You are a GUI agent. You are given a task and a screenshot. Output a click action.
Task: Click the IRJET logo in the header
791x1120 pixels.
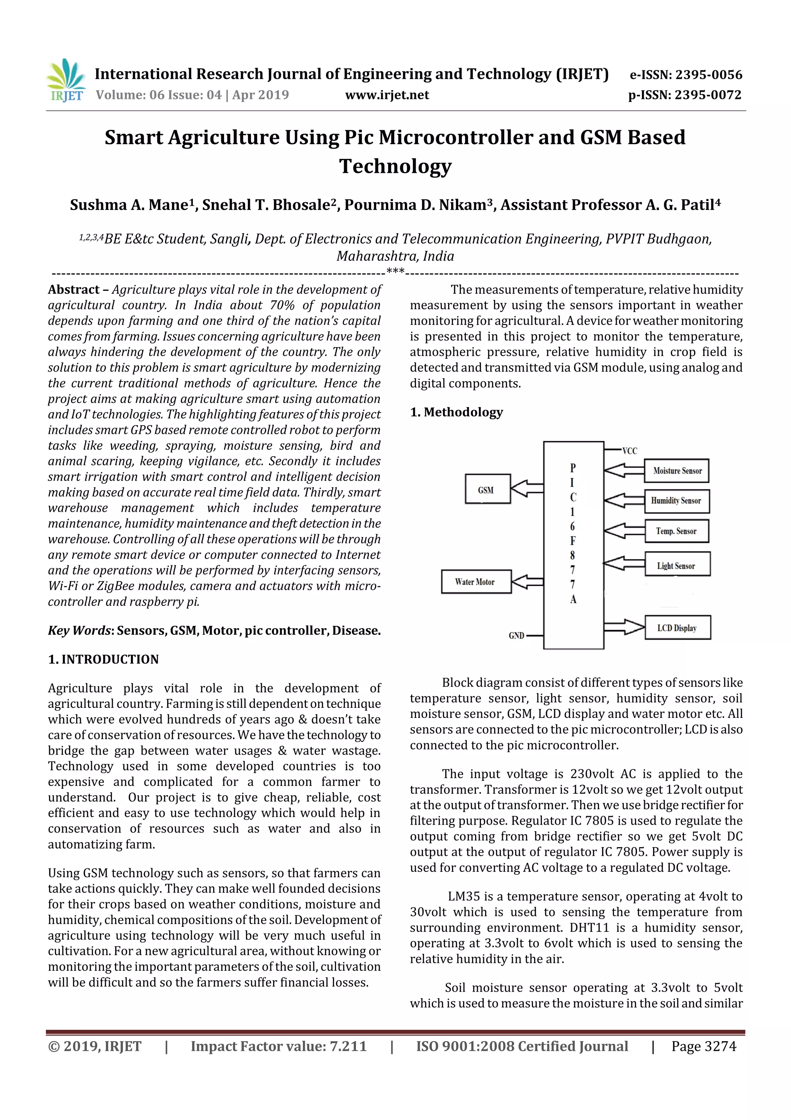[66, 80]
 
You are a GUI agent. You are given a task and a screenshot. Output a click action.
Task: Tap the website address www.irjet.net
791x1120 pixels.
[387, 95]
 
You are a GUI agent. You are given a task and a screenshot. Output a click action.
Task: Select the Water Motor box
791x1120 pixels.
[476, 581]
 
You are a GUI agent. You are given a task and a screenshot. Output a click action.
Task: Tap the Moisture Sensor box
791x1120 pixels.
[676, 471]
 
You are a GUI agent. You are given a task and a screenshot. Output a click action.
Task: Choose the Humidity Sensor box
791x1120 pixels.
[676, 501]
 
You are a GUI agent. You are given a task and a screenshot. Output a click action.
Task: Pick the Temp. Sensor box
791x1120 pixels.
[676, 531]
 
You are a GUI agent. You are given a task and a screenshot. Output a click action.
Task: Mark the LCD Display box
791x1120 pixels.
[677, 628]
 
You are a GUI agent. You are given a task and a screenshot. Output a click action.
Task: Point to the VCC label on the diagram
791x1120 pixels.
[630, 451]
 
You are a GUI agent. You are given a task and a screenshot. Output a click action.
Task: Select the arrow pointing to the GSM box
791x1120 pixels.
[526, 488]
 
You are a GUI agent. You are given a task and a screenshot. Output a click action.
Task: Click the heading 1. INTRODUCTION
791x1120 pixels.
[104, 660]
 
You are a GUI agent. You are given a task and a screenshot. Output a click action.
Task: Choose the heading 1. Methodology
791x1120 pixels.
[456, 412]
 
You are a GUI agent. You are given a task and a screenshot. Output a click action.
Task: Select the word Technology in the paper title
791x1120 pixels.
[395, 166]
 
